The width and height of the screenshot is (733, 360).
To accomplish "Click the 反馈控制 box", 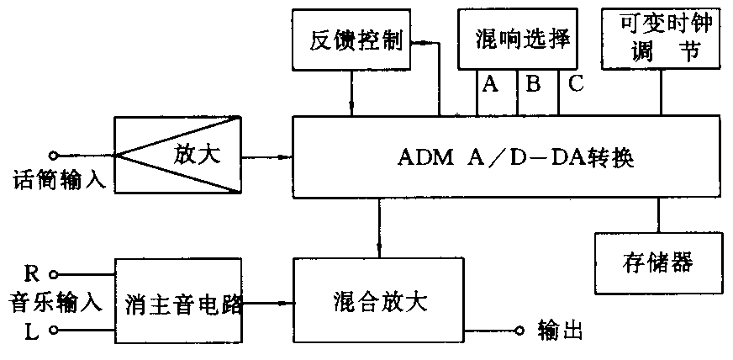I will (350, 40).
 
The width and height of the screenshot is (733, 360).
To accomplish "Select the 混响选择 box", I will (518, 39).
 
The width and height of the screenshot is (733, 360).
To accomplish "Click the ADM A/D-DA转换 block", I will (505, 158).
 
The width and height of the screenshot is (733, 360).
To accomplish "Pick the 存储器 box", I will (658, 262).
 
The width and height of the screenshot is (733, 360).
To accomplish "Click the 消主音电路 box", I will (179, 301).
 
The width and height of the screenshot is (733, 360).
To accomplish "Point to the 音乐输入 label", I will (55, 301).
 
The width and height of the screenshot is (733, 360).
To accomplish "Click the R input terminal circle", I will (54, 273).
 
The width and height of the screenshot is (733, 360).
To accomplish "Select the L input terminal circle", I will (54, 331).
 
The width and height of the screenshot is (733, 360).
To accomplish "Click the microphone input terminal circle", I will (54, 155).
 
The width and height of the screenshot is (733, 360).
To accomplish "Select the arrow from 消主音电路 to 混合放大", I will (269, 303).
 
